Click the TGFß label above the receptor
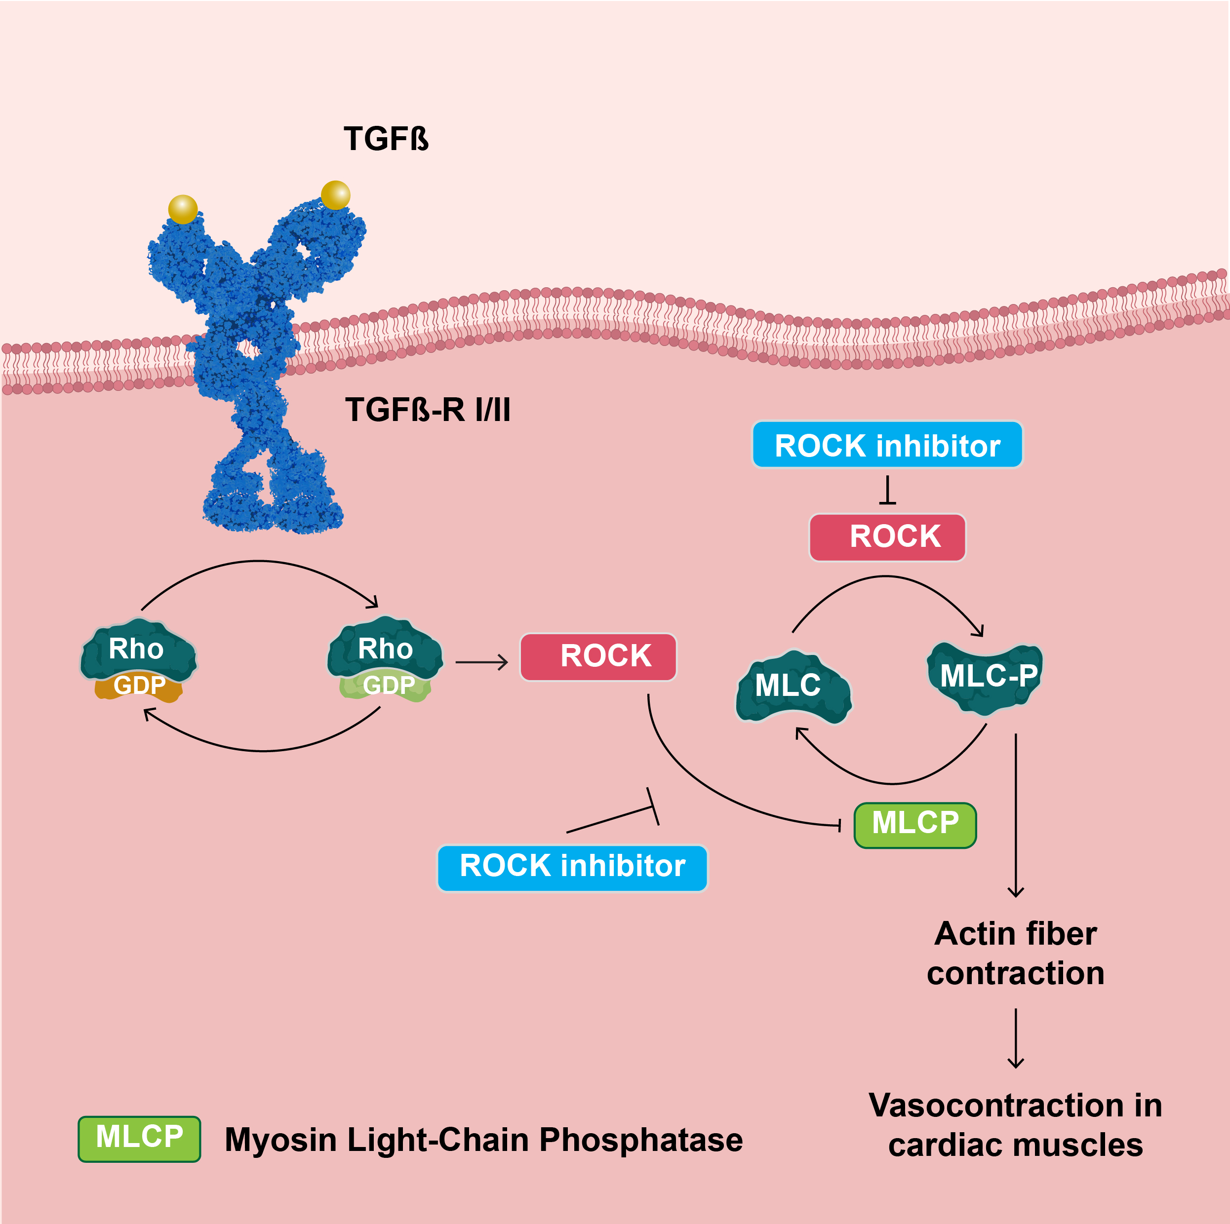pos(386,138)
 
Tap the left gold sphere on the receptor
pos(183,209)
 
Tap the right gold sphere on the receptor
pos(335,195)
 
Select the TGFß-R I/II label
pos(427,409)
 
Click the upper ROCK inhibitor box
pos(887,445)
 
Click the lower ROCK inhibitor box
pos(572,868)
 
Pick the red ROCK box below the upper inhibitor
pos(887,536)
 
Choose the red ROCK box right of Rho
pos(598,656)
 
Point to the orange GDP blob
pos(139,688)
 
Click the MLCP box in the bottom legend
pos(139,1138)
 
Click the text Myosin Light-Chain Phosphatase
pos(483,1139)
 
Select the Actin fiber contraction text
pos(1015,953)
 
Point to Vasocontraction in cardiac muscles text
pos(1015,1125)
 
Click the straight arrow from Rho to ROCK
pos(481,663)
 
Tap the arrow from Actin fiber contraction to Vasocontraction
pos(1015,1038)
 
